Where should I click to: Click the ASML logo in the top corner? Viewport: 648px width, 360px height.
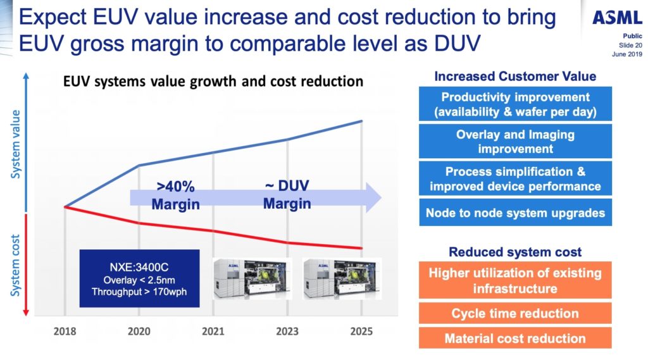point(616,18)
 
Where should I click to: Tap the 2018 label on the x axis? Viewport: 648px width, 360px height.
point(65,331)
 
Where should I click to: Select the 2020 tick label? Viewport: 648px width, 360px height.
point(139,331)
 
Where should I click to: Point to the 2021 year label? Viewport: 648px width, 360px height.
point(213,331)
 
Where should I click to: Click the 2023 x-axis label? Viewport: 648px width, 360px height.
point(287,331)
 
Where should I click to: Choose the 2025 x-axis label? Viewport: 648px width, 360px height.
point(361,331)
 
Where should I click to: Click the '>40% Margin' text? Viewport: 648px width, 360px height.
point(175,196)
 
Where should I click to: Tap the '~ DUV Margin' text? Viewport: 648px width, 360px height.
point(287,194)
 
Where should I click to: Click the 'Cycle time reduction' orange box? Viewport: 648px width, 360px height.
point(515,313)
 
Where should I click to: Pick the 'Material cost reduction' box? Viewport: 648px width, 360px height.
point(515,338)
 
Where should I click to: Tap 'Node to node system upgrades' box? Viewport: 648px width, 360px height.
point(515,213)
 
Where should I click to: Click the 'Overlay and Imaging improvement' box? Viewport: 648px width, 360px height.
point(515,141)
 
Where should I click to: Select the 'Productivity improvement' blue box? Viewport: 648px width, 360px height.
point(515,104)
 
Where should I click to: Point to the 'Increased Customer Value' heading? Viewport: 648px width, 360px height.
point(515,77)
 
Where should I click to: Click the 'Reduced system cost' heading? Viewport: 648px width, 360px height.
point(515,252)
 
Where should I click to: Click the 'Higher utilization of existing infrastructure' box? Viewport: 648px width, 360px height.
point(515,281)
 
